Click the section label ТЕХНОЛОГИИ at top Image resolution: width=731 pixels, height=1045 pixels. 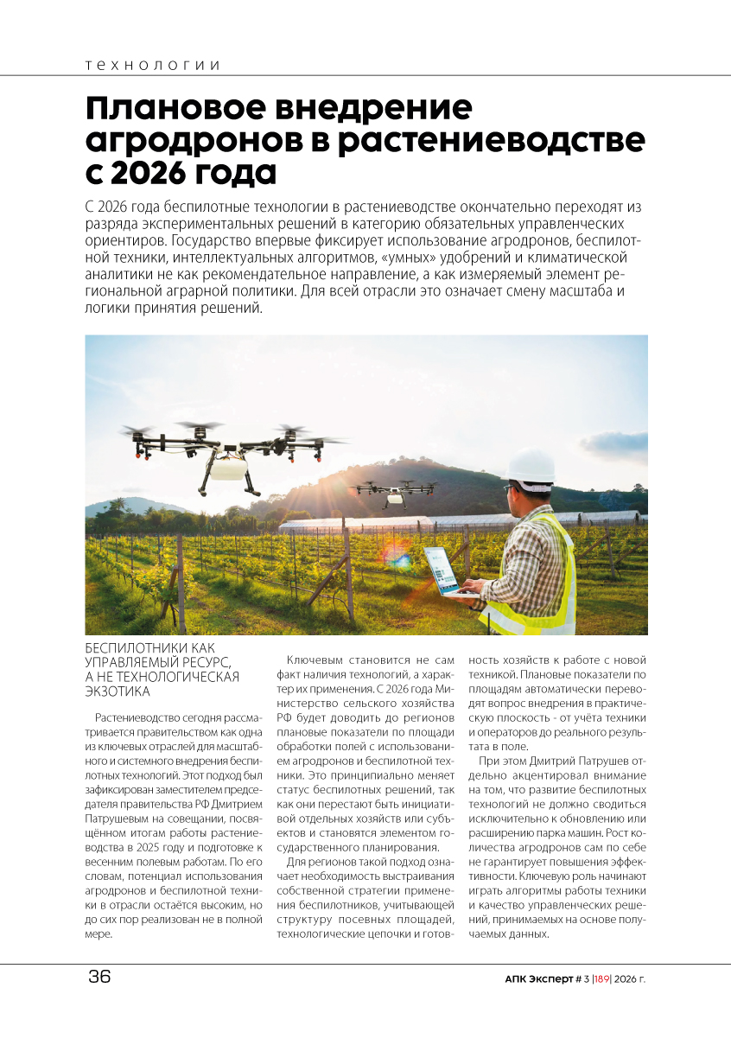pyautogui.click(x=153, y=66)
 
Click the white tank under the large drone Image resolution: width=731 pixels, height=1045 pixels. pyautogui.click(x=227, y=468)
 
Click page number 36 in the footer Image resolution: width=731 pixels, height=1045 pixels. pyautogui.click(x=99, y=978)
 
